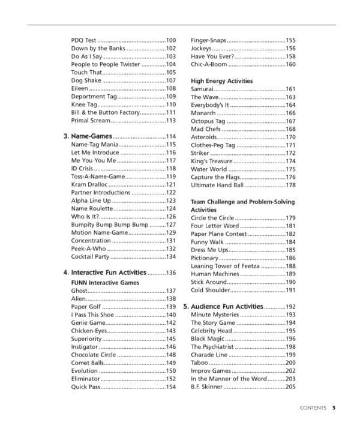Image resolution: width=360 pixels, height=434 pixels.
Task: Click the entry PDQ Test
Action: pyautogui.click(x=83, y=40)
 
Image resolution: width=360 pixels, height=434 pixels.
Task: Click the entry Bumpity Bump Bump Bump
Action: pyautogui.click(x=109, y=225)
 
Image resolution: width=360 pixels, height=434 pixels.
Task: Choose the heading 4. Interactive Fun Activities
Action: pyautogui.click(x=104, y=273)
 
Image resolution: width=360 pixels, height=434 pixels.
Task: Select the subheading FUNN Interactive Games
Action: pyautogui.click(x=105, y=282)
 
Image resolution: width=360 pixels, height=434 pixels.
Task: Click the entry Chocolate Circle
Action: pyautogui.click(x=94, y=355)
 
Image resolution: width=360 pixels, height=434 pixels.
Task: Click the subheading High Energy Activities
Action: pyautogui.click(x=221, y=80)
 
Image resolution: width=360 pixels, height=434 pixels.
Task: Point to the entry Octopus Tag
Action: pyautogui.click(x=208, y=121)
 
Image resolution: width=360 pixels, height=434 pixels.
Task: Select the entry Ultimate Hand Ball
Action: pyautogui.click(x=217, y=185)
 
